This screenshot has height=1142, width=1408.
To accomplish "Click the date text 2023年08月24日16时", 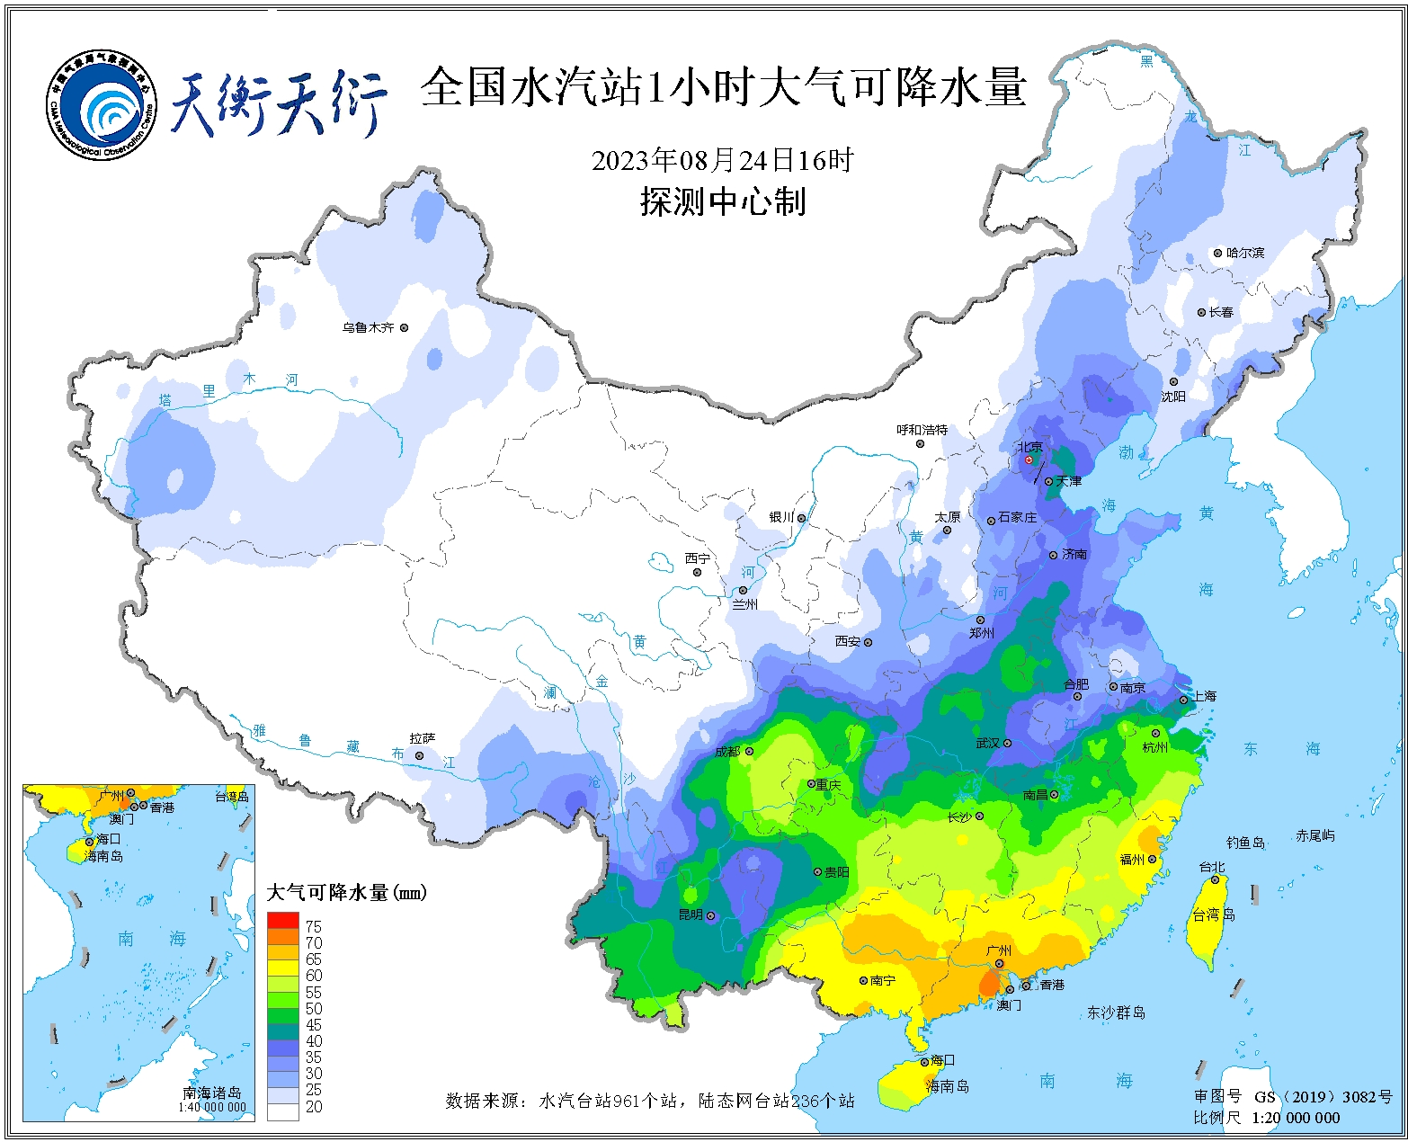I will pyautogui.click(x=722, y=160).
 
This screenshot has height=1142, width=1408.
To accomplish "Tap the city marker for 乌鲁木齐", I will pyautogui.click(x=404, y=328).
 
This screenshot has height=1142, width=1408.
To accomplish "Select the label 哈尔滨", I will pyautogui.click(x=1245, y=253).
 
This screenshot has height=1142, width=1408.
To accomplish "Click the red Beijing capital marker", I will pyautogui.click(x=1029, y=459).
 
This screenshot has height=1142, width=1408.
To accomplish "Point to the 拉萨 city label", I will pyautogui.click(x=423, y=738).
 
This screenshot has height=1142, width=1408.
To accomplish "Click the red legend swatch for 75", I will pyautogui.click(x=282, y=921).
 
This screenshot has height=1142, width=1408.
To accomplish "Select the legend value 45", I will pyautogui.click(x=314, y=1024).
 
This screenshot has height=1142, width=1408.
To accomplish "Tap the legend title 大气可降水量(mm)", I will pyautogui.click(x=346, y=892).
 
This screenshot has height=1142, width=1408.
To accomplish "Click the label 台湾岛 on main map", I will pyautogui.click(x=1213, y=914).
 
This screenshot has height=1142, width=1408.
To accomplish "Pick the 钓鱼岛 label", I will pyautogui.click(x=1245, y=843).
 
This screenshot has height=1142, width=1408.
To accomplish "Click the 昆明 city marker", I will pyautogui.click(x=710, y=916).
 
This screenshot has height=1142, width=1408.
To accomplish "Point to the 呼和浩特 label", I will pyautogui.click(x=922, y=430).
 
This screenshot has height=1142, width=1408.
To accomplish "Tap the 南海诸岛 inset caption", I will pyautogui.click(x=212, y=1093).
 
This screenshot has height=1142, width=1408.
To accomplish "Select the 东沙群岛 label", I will pyautogui.click(x=1116, y=1013).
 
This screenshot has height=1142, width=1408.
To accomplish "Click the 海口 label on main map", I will pyautogui.click(x=942, y=1061).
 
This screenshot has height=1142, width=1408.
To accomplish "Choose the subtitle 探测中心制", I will pyautogui.click(x=722, y=201).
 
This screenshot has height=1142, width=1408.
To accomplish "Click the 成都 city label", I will pyautogui.click(x=727, y=751).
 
